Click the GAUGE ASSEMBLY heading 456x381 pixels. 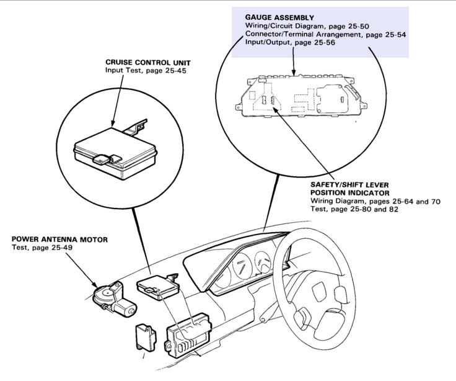(279, 18)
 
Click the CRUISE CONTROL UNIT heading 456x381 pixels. (148, 63)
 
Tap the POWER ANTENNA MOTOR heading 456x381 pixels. (59, 240)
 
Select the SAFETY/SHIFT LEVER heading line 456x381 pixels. (349, 185)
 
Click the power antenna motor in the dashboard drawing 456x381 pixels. (114, 299)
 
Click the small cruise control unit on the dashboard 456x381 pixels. (157, 287)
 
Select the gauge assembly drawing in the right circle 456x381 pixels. (301, 96)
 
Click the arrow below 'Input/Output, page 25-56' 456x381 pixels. (294, 61)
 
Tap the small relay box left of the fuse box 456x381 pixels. (146, 338)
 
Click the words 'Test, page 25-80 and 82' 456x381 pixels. (354, 209)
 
